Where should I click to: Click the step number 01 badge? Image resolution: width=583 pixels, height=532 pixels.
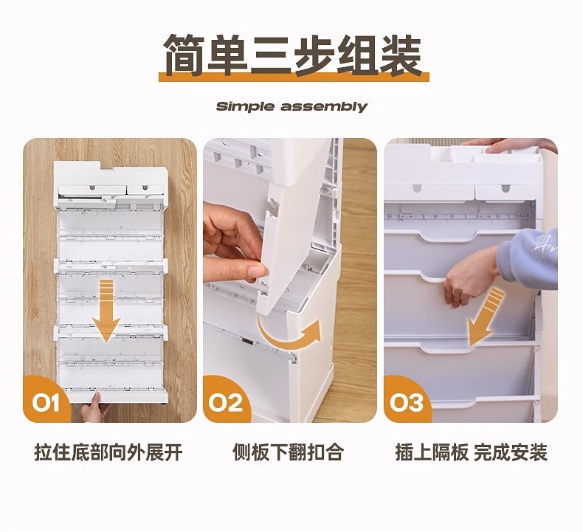45,402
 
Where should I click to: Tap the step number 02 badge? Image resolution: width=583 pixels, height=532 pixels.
225,402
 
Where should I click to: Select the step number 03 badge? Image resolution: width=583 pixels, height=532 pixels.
406,402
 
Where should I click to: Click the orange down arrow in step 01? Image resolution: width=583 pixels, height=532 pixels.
106,311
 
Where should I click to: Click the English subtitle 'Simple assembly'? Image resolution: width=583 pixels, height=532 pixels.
291,106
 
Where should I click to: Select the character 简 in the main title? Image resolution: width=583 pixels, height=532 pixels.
184,55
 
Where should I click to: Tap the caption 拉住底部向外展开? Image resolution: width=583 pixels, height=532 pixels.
108,453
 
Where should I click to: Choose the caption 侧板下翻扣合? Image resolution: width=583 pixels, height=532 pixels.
288,453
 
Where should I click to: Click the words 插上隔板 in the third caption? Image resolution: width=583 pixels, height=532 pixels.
431,453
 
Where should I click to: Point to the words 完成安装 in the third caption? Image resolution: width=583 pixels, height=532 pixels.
511,453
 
